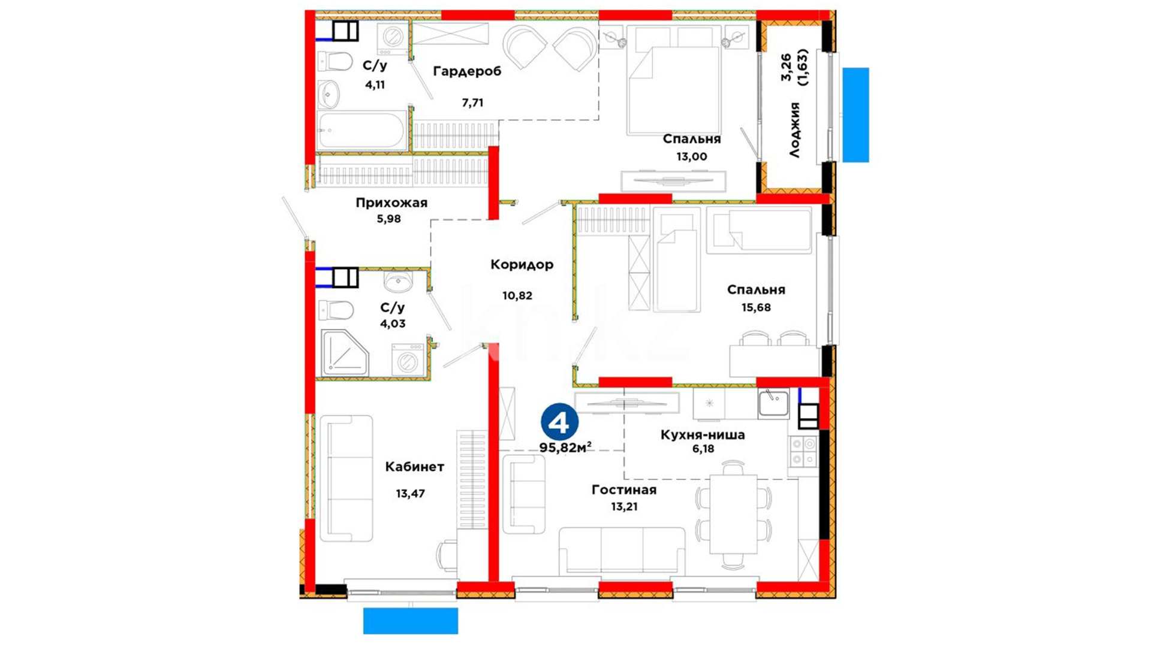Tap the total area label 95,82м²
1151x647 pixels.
pos(565,448)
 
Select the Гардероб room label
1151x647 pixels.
pos(467,71)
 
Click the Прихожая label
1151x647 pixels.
pos(391,202)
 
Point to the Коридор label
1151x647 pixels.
pos(522,264)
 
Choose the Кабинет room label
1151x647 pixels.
pos(414,466)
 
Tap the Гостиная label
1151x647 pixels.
pos(624,490)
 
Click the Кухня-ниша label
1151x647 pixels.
pos(703,435)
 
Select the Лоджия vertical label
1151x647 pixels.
pos(794,130)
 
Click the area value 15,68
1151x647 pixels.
pos(756,307)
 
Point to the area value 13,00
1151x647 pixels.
pos(692,156)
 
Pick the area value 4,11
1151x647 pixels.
pos(375,84)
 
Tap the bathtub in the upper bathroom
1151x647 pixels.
pos(362,130)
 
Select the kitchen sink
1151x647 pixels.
pos(773,403)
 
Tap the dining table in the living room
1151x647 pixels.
pos(733,514)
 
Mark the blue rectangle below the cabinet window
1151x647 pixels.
pos(411,621)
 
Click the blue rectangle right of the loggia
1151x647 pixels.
pos(855,115)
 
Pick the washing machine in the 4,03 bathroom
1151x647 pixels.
pos(408,360)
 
